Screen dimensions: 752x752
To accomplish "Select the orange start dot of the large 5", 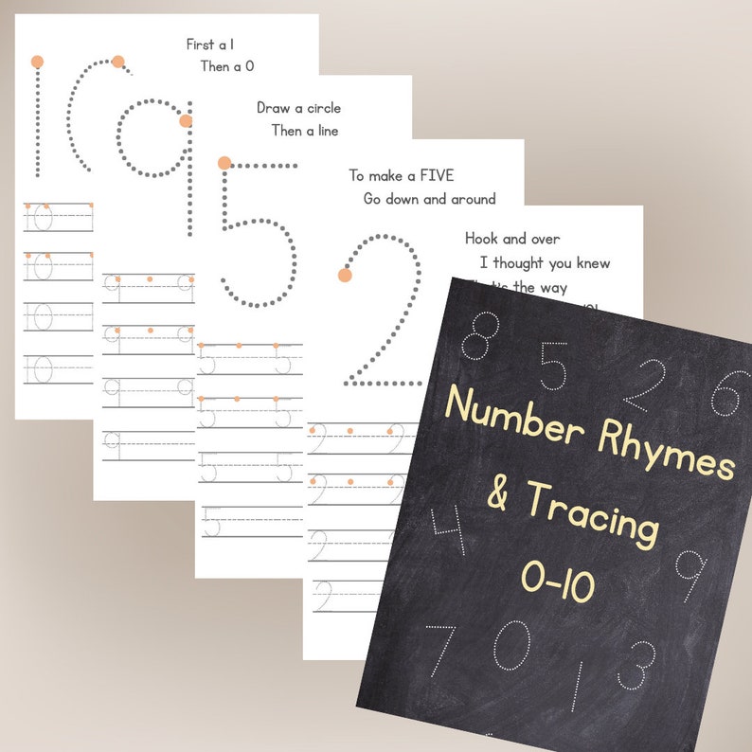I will pyautogui.click(x=224, y=163).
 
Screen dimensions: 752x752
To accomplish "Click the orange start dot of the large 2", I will pyautogui.click(x=345, y=276).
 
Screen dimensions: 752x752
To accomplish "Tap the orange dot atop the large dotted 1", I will pyautogui.click(x=37, y=62).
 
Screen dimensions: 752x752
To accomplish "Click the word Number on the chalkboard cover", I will pyautogui.click(x=511, y=417).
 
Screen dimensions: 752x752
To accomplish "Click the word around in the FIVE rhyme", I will pyautogui.click(x=473, y=199).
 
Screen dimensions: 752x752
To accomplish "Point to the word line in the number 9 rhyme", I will pyautogui.click(x=324, y=131).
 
